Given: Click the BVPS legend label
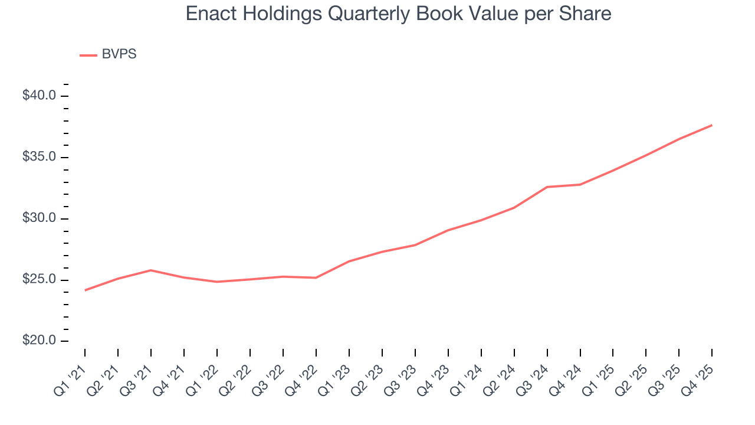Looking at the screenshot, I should click(119, 54).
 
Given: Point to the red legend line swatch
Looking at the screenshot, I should click(88, 55).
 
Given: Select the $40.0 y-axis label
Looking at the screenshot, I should click(39, 96).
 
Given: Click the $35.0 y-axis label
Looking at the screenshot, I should click(39, 157).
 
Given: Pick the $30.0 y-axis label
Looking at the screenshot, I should click(39, 218).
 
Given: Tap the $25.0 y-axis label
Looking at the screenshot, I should click(39, 280).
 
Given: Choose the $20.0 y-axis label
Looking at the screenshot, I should click(39, 341).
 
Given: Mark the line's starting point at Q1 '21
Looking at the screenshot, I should click(85, 290).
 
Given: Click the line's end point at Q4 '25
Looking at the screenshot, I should click(712, 125).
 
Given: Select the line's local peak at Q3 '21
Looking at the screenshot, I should click(151, 270).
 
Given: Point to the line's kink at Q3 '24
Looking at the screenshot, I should click(547, 187).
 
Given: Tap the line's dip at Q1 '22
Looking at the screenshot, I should click(217, 282).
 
